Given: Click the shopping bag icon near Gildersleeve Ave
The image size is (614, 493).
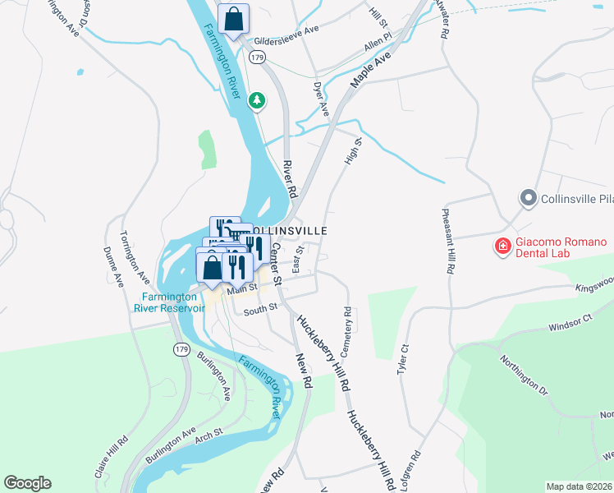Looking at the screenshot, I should pos(234,18).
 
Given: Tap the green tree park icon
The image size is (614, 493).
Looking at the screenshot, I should pos(258,100).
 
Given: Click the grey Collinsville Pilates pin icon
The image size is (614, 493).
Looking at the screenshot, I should pos(527,198).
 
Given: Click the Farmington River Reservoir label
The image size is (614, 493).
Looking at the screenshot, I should pos(170,302).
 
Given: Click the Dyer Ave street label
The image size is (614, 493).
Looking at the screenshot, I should pos(321,97).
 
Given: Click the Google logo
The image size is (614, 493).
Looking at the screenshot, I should pos(27,483).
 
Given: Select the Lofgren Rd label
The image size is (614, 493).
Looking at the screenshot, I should pos(411,471).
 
